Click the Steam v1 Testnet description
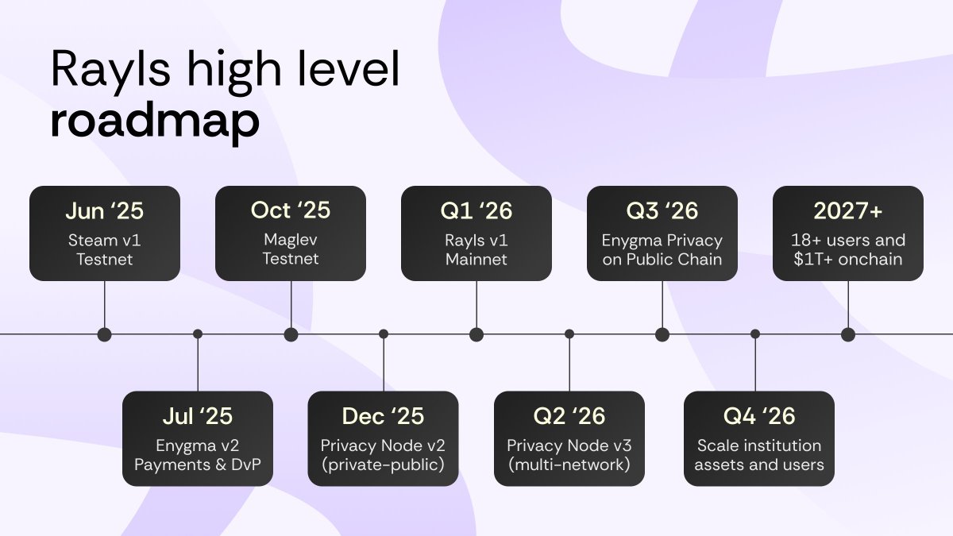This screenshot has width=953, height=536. (x=105, y=249)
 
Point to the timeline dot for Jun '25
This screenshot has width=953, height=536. (x=105, y=334)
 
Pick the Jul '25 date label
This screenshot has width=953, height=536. (x=197, y=416)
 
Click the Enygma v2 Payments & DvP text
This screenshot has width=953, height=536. (x=197, y=455)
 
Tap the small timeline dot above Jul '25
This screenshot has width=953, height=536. (x=198, y=334)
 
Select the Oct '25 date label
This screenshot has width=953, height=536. (x=291, y=210)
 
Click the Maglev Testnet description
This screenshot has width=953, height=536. (x=291, y=249)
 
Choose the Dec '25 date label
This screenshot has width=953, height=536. (x=383, y=416)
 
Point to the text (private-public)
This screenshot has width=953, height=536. (x=383, y=465)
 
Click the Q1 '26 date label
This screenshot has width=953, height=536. (x=476, y=210)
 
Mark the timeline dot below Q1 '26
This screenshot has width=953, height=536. (x=476, y=334)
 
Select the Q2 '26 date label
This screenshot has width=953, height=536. (x=569, y=416)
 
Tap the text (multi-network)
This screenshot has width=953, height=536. (x=569, y=465)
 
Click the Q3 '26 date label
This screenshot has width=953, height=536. (x=662, y=210)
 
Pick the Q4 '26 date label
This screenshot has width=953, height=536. (x=758, y=416)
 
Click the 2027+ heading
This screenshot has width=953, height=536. (x=848, y=210)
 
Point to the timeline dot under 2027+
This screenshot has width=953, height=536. (x=848, y=334)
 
